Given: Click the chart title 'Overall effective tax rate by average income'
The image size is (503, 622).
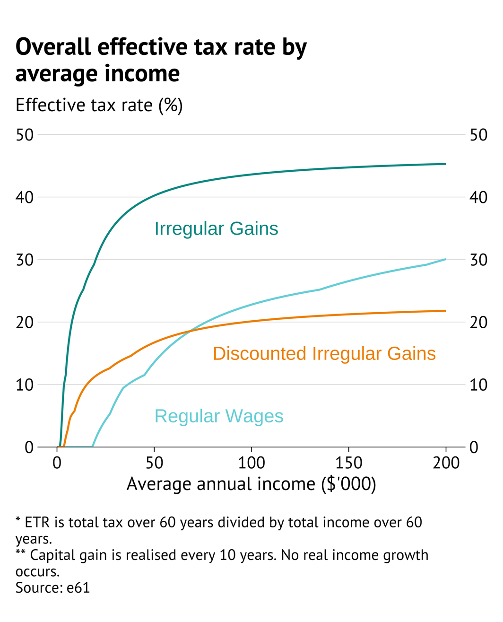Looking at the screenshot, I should coord(161,60).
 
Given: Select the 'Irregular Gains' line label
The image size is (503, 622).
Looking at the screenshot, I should coord(216,228).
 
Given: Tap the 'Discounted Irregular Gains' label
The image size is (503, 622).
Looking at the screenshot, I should coord(324,353).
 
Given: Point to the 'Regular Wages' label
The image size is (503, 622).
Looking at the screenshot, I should coord(219,416).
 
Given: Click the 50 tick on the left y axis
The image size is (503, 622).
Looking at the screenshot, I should coord(25,135).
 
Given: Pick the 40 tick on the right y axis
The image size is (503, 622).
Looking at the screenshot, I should coord(478,197).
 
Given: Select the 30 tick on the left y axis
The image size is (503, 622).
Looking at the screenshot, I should coord(25,260).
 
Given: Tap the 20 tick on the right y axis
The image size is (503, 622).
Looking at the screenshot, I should coord(478,322).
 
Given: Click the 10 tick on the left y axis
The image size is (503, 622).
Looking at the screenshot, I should coord(25,385).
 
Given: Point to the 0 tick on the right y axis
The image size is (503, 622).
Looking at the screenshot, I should coord(474,447).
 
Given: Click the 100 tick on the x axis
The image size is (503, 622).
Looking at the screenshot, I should coord(251,463).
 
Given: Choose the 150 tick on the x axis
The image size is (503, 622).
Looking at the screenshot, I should coord(348,463).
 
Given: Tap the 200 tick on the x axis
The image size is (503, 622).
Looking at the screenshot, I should coord(446,463).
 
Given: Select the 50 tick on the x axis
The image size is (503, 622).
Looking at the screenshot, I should coord(155,463).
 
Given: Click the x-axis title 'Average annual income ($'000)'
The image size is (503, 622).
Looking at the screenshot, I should coord(251,484).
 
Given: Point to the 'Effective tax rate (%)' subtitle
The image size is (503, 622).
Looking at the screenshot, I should coord(99,105).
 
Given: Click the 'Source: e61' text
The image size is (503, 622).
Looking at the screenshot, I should coord(52,587).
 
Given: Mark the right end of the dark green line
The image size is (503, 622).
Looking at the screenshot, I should coord(445,164).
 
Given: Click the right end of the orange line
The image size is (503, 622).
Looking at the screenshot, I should coord(445,311).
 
